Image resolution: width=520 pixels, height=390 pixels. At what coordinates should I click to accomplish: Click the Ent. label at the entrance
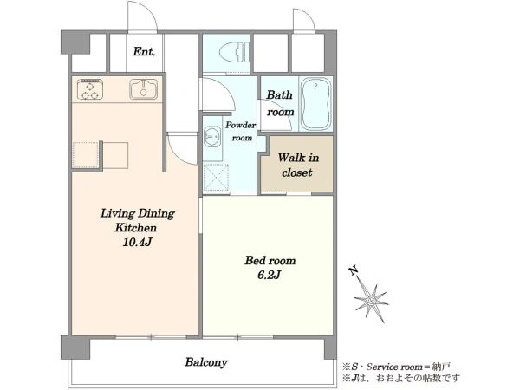point(144,52)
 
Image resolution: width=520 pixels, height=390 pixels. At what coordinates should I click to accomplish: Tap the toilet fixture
point(234,52)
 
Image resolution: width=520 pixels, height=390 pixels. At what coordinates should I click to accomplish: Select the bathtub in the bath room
point(315,104)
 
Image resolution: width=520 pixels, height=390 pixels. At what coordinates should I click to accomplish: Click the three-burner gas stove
point(90,89)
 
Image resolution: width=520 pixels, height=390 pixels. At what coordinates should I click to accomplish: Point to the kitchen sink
point(143,89)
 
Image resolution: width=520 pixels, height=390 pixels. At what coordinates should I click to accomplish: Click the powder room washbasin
point(211,137)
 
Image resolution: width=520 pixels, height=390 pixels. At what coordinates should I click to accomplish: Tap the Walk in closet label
point(298,165)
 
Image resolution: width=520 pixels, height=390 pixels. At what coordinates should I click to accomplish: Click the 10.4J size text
point(137,243)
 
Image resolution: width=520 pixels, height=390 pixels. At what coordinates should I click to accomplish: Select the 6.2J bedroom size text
point(270,275)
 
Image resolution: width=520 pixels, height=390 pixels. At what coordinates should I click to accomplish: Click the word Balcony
point(206,362)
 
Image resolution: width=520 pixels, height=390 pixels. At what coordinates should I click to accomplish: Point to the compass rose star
point(372,301)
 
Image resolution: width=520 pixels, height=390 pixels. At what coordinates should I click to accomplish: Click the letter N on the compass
point(354,271)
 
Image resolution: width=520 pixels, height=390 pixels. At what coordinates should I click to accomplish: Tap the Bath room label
point(280,103)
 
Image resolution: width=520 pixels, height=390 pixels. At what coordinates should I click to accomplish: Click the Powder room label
point(241,132)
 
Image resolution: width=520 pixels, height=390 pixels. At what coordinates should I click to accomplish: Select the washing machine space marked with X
point(216,178)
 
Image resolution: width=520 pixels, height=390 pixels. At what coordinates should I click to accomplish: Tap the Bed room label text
point(270,260)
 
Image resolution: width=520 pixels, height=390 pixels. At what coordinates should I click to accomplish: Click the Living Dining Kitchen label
point(137,220)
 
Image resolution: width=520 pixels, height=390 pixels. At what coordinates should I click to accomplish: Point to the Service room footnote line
point(396,367)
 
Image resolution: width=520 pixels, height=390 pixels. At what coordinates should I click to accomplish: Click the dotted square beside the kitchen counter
point(86,155)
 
